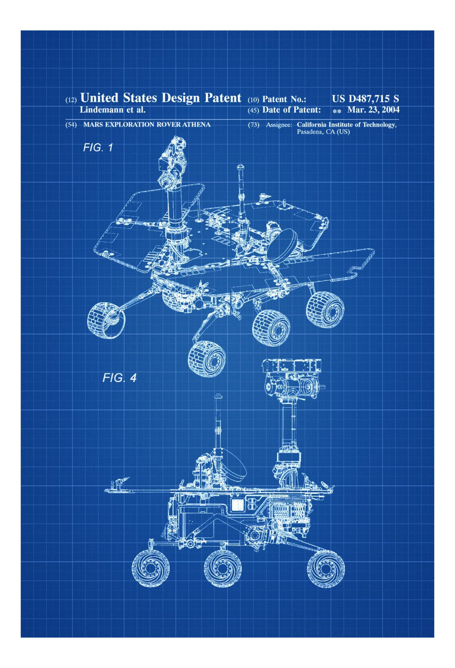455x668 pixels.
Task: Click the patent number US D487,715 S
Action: coord(365,99)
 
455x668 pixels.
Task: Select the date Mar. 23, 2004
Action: coord(373,110)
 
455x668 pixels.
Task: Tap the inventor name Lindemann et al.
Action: coord(113,110)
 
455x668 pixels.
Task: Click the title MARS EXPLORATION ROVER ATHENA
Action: coord(146,125)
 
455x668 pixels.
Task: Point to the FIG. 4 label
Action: coord(120,378)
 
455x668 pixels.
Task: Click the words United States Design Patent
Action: coord(161,98)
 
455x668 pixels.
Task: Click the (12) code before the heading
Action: coord(71,100)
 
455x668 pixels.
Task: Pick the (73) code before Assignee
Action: coord(253,125)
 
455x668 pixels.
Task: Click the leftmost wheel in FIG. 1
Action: coord(106,320)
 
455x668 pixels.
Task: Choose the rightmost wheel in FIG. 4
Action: coord(325,568)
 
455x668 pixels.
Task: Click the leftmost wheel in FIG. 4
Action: coord(150,568)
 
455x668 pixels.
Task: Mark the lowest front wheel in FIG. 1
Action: coord(206,357)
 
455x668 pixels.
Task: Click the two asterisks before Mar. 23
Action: coord(336,111)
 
